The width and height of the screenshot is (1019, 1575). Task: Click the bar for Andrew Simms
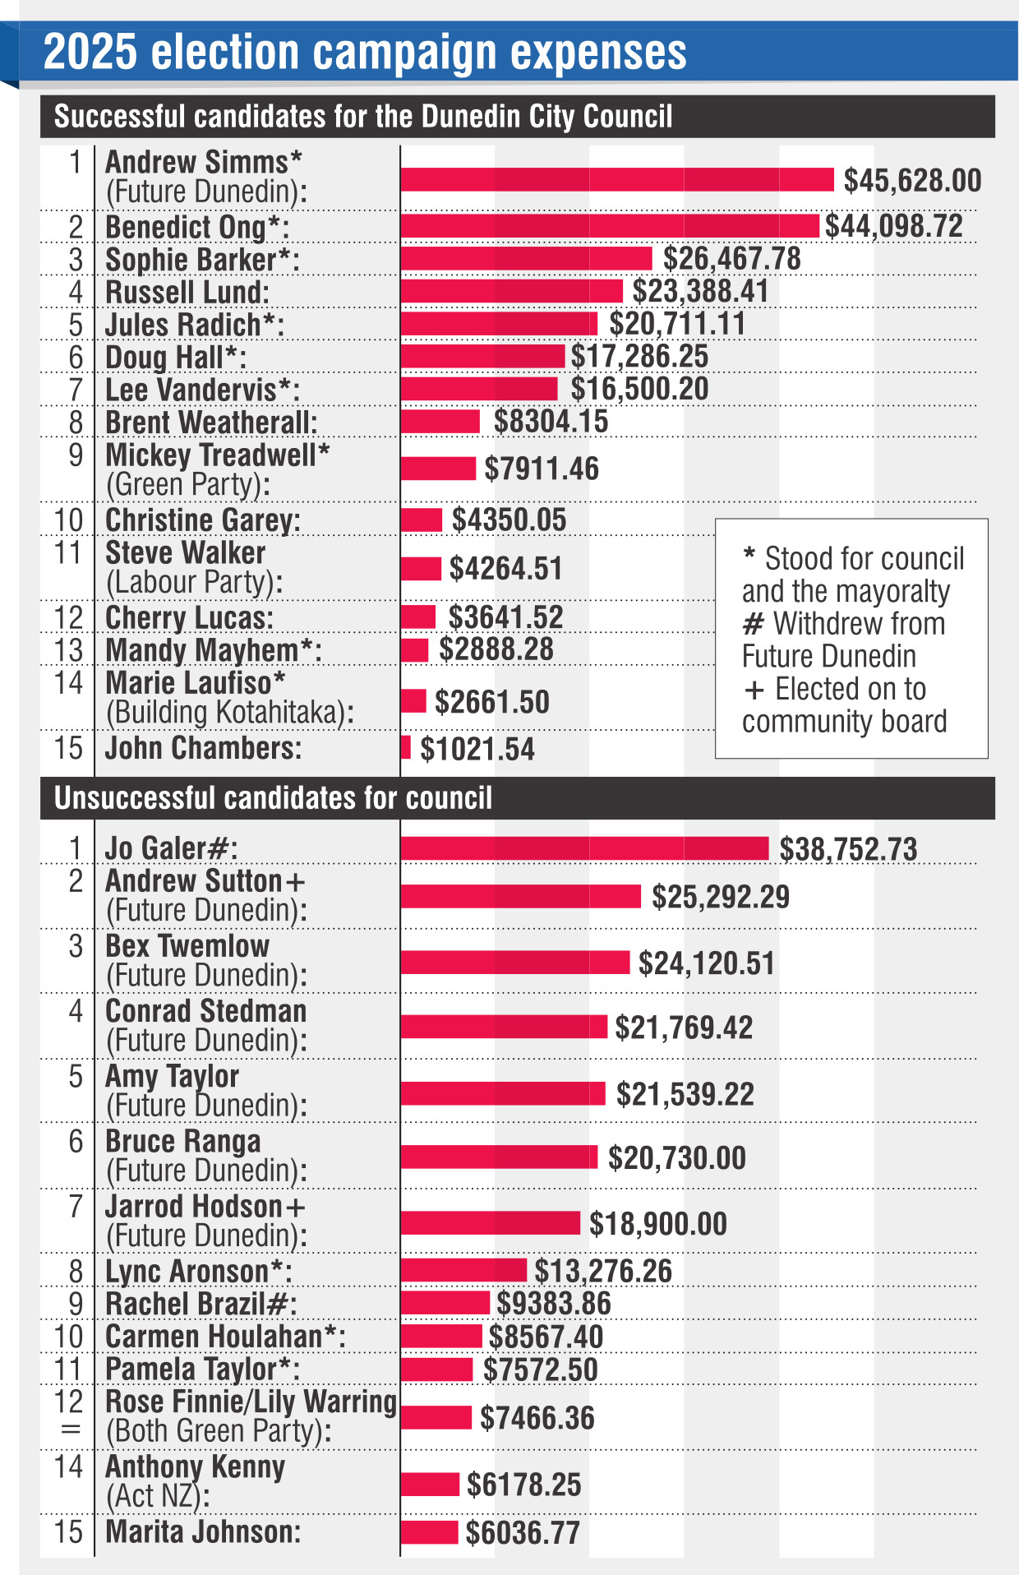pyautogui.click(x=616, y=179)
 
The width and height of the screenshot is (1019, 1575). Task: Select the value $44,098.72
pyautogui.click(x=893, y=226)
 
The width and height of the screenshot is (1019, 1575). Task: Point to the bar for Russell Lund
pyautogui.click(x=511, y=291)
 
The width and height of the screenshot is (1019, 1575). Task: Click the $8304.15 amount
pyautogui.click(x=551, y=422)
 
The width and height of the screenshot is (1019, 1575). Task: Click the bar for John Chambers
pyautogui.click(x=406, y=748)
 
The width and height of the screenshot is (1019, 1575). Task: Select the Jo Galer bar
pyautogui.click(x=584, y=848)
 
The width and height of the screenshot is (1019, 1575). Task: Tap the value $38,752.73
pyautogui.click(x=848, y=849)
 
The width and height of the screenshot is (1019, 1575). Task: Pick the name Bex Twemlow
pyautogui.click(x=187, y=946)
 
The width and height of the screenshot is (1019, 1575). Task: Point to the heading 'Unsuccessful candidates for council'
pyautogui.click(x=273, y=798)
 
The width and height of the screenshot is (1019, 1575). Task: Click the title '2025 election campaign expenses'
pyautogui.click(x=365, y=53)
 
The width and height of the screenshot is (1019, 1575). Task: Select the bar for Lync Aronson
pyautogui.click(x=463, y=1270)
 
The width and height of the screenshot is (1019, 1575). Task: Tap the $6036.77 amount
pyautogui.click(x=523, y=1532)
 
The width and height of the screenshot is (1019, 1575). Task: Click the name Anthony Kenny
pyautogui.click(x=196, y=1466)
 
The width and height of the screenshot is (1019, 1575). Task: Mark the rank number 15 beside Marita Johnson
pyautogui.click(x=69, y=1532)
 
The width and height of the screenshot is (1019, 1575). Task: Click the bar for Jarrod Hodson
pyautogui.click(x=490, y=1223)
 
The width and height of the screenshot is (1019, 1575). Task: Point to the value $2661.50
pyautogui.click(x=491, y=702)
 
